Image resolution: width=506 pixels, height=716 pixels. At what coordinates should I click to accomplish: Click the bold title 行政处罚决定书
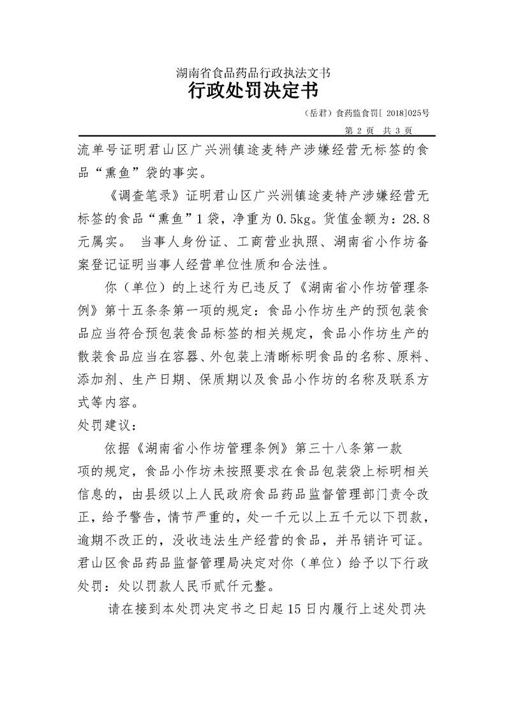pos(253,91)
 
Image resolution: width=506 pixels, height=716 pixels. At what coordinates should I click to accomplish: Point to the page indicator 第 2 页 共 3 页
pos(379,130)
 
